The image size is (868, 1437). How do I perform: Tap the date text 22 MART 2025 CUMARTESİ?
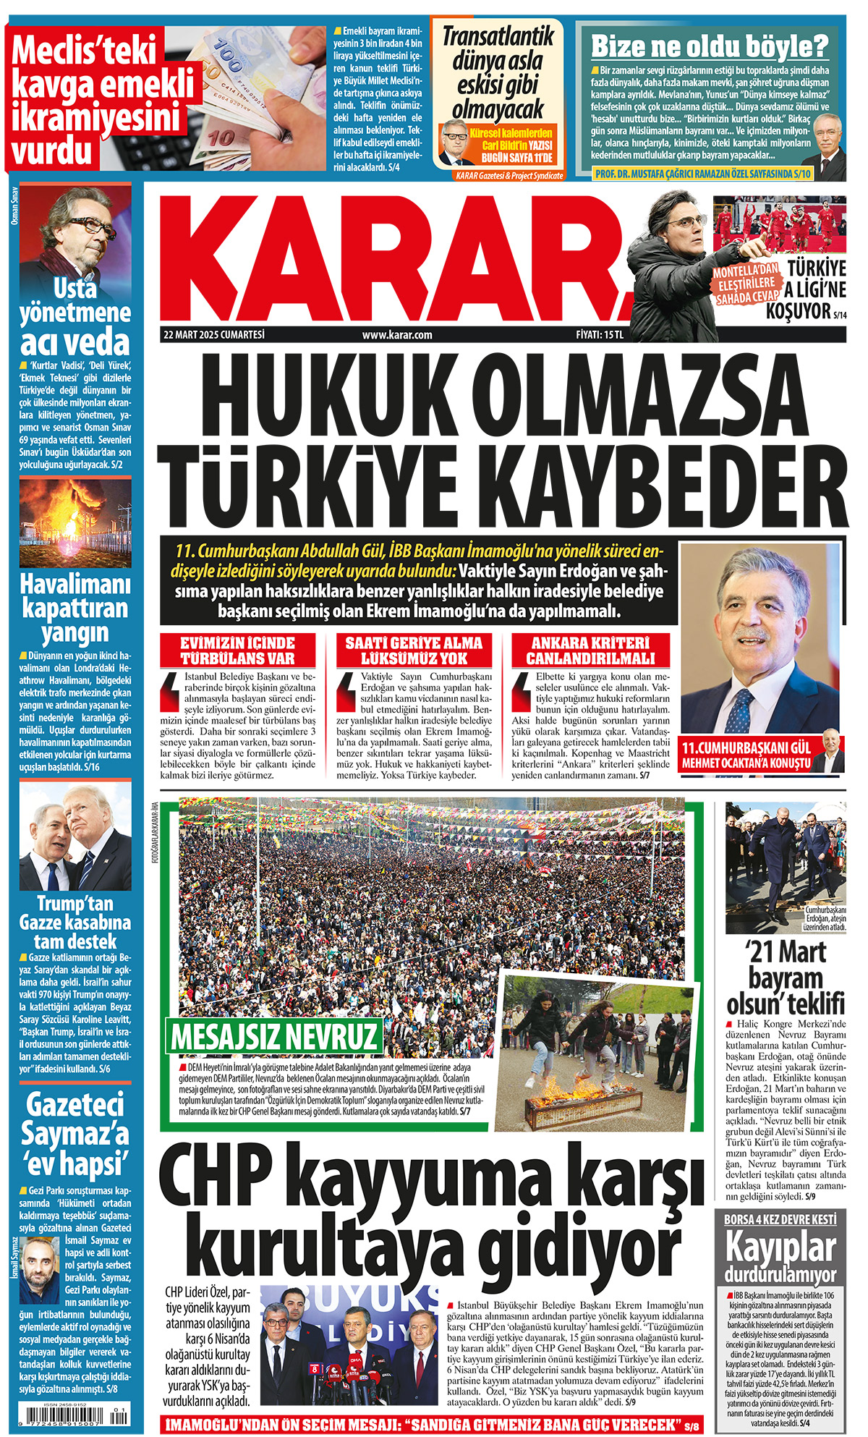coord(214,334)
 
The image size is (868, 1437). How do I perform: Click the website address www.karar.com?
coord(397,334)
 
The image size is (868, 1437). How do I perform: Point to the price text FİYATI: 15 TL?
coord(600,334)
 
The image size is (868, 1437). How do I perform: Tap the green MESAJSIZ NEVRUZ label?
coord(274,1036)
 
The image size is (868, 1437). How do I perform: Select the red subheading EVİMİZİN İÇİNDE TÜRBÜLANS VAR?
coord(237,650)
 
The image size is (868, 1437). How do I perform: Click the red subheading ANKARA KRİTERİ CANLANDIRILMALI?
coord(590,650)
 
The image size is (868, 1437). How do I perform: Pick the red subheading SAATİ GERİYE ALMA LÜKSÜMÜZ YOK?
coord(414,650)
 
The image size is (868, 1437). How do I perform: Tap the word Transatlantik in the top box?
coord(498,36)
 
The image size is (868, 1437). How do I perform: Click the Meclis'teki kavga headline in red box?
coord(103,101)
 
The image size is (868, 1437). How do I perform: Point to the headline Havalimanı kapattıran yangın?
coord(75,608)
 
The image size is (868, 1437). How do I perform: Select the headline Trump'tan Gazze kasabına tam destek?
coord(75,922)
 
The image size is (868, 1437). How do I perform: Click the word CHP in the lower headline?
coord(217,1179)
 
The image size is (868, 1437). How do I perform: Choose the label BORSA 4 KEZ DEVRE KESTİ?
coord(780,1218)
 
